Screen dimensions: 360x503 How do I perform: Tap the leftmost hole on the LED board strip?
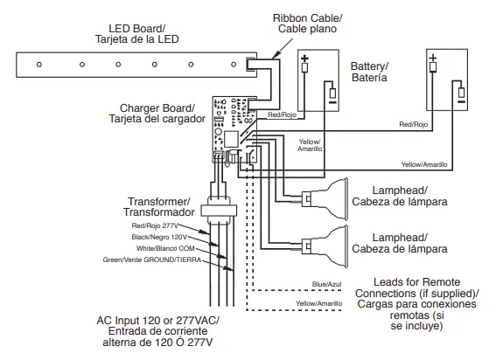point(38,64)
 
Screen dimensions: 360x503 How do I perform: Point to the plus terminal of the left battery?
point(305,66)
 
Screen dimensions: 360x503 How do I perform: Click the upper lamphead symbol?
point(325,198)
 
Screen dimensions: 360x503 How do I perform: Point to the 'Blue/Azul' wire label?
point(326,285)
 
